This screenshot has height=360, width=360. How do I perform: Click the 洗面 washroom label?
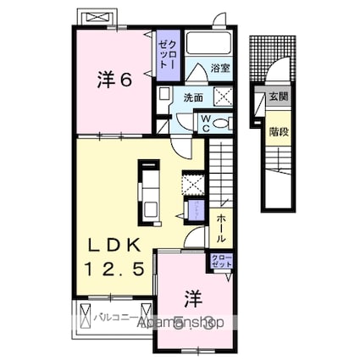pyautogui.click(x=193, y=96)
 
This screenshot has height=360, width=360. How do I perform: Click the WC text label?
pyautogui.click(x=204, y=124)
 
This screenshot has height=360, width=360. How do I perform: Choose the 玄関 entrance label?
pyautogui.click(x=278, y=96)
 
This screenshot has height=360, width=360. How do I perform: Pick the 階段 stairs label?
pyautogui.click(x=278, y=130)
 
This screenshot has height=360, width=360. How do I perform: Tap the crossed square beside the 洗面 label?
pyautogui.click(x=224, y=96)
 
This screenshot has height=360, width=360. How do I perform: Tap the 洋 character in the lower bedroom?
pyautogui.click(x=194, y=297)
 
